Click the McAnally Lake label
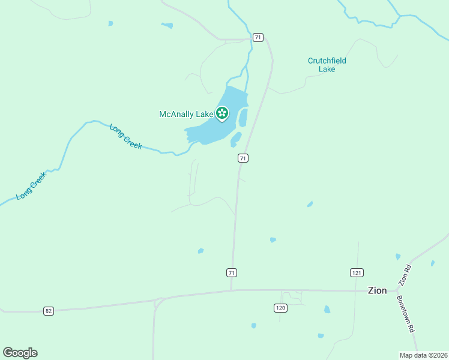(x=185, y=114)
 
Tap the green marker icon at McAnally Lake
(x=222, y=113)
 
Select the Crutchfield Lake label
(x=327, y=65)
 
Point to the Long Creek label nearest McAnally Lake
(x=125, y=136)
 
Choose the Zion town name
(x=377, y=290)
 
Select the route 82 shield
(x=49, y=311)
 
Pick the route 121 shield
(x=357, y=273)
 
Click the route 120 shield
(x=280, y=308)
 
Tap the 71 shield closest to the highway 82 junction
(x=232, y=273)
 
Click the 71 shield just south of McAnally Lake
(x=243, y=158)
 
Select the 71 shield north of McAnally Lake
(x=258, y=37)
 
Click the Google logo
(x=20, y=353)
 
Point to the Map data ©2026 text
(x=423, y=355)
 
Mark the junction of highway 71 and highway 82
(x=232, y=290)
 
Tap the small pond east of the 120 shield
(x=327, y=310)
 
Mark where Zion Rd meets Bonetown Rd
(x=397, y=289)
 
